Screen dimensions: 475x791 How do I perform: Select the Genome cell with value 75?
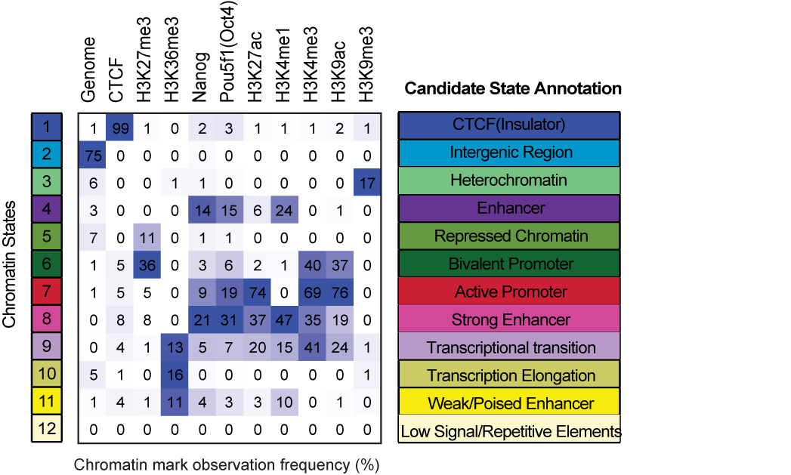point(91,155)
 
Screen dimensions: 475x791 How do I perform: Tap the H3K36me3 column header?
point(173,64)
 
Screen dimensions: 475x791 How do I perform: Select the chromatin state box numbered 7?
point(47,291)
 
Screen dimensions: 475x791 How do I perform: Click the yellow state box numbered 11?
point(47,403)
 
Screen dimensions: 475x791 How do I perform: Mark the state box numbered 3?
point(47,180)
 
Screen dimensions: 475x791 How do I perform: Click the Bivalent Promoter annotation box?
point(510,264)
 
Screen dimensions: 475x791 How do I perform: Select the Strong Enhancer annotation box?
point(510,320)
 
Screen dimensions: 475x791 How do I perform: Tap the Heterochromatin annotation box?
point(510,180)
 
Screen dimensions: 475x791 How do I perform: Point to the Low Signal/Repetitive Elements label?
point(510,432)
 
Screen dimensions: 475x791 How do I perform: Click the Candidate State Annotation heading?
point(513,89)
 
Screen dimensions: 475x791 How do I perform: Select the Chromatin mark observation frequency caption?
point(227,463)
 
